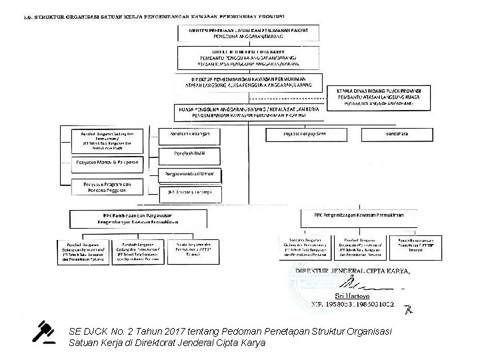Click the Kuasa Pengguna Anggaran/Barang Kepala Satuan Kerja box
247,111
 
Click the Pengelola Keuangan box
190,134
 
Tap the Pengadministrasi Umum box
190,175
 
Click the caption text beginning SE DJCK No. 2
233,337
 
